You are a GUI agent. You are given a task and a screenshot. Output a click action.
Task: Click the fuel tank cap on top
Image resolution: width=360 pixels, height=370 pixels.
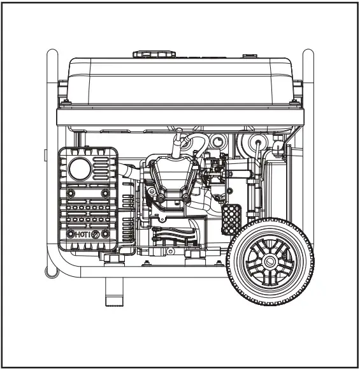(153, 54)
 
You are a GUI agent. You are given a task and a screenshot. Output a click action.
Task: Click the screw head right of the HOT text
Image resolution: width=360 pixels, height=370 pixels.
(96, 235)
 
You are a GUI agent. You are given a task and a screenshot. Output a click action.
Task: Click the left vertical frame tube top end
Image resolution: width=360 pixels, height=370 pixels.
(52, 54)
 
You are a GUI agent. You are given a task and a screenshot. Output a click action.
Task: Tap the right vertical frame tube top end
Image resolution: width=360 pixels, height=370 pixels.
(308, 54)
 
